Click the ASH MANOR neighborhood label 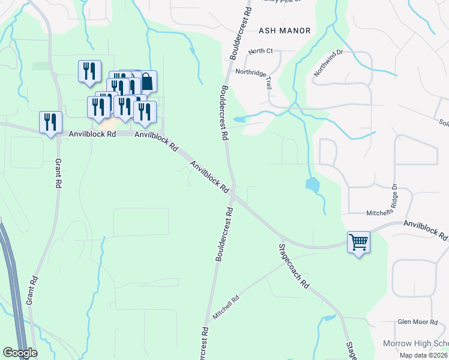[x=285, y=31]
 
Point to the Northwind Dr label [x=328, y=63]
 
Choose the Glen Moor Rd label [x=418, y=322]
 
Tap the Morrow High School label [x=415, y=344]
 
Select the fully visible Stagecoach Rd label [x=294, y=266]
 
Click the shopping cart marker [x=358, y=242]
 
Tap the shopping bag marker [x=146, y=82]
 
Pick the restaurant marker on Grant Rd [x=50, y=122]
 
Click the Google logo [x=20, y=353]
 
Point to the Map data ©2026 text [x=423, y=355]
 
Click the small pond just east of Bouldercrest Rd [x=239, y=119]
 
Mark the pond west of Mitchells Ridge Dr [x=313, y=185]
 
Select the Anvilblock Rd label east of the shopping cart [x=426, y=230]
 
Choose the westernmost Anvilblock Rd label [x=92, y=134]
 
